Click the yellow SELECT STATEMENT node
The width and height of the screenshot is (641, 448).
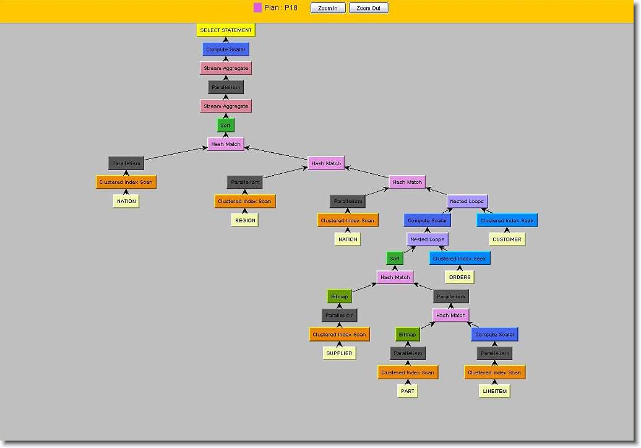pyautogui.click(x=226, y=30)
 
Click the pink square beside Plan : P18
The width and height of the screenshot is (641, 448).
pyautogui.click(x=258, y=7)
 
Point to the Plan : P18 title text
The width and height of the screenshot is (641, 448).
pyautogui.click(x=281, y=8)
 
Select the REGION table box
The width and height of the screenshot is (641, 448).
pyautogui.click(x=245, y=220)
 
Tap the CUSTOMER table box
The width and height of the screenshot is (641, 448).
pyautogui.click(x=507, y=239)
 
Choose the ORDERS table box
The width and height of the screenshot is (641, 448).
pyautogui.click(x=460, y=277)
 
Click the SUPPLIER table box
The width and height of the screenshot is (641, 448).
pyautogui.click(x=339, y=353)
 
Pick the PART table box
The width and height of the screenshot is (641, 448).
pyautogui.click(x=408, y=391)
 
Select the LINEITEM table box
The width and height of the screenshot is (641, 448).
pyautogui.click(x=494, y=391)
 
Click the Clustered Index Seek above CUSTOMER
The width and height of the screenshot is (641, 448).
pyautogui.click(x=507, y=220)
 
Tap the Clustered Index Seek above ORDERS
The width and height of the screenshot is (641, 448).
pyautogui.click(x=460, y=259)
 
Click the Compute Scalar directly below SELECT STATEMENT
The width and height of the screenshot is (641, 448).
pyautogui.click(x=226, y=49)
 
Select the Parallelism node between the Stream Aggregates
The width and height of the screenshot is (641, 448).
pyautogui.click(x=226, y=87)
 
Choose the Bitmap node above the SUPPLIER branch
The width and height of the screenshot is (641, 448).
pyautogui.click(x=340, y=296)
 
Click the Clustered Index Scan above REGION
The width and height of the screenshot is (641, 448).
pyautogui.click(x=245, y=201)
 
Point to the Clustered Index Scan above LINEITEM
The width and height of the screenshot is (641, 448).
pyautogui.click(x=494, y=373)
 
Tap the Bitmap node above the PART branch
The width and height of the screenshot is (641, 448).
pyautogui.click(x=408, y=335)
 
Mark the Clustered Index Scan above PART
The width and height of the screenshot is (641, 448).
pyautogui.click(x=408, y=373)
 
